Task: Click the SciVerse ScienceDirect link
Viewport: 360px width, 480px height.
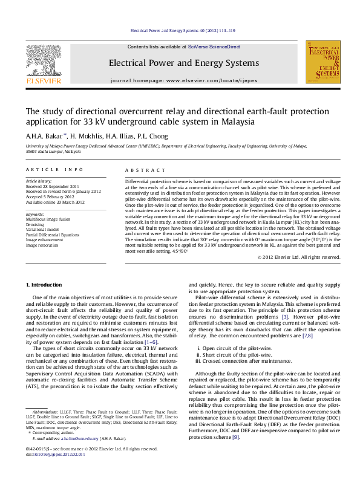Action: tap(214, 47)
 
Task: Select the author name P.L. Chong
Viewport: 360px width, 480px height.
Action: tap(154, 135)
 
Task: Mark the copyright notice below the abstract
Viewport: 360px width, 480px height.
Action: tap(282, 257)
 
